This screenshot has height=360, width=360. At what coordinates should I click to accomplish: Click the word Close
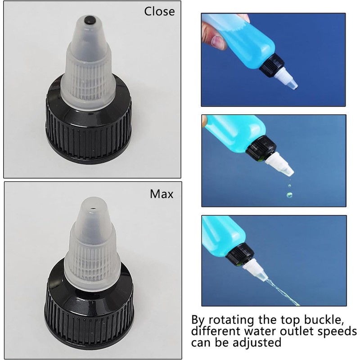tap(159, 11)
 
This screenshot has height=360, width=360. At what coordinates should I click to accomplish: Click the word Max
tap(161, 194)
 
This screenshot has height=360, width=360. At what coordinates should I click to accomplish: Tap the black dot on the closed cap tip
tap(89, 20)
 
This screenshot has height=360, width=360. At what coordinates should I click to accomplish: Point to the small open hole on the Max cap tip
tap(93, 209)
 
